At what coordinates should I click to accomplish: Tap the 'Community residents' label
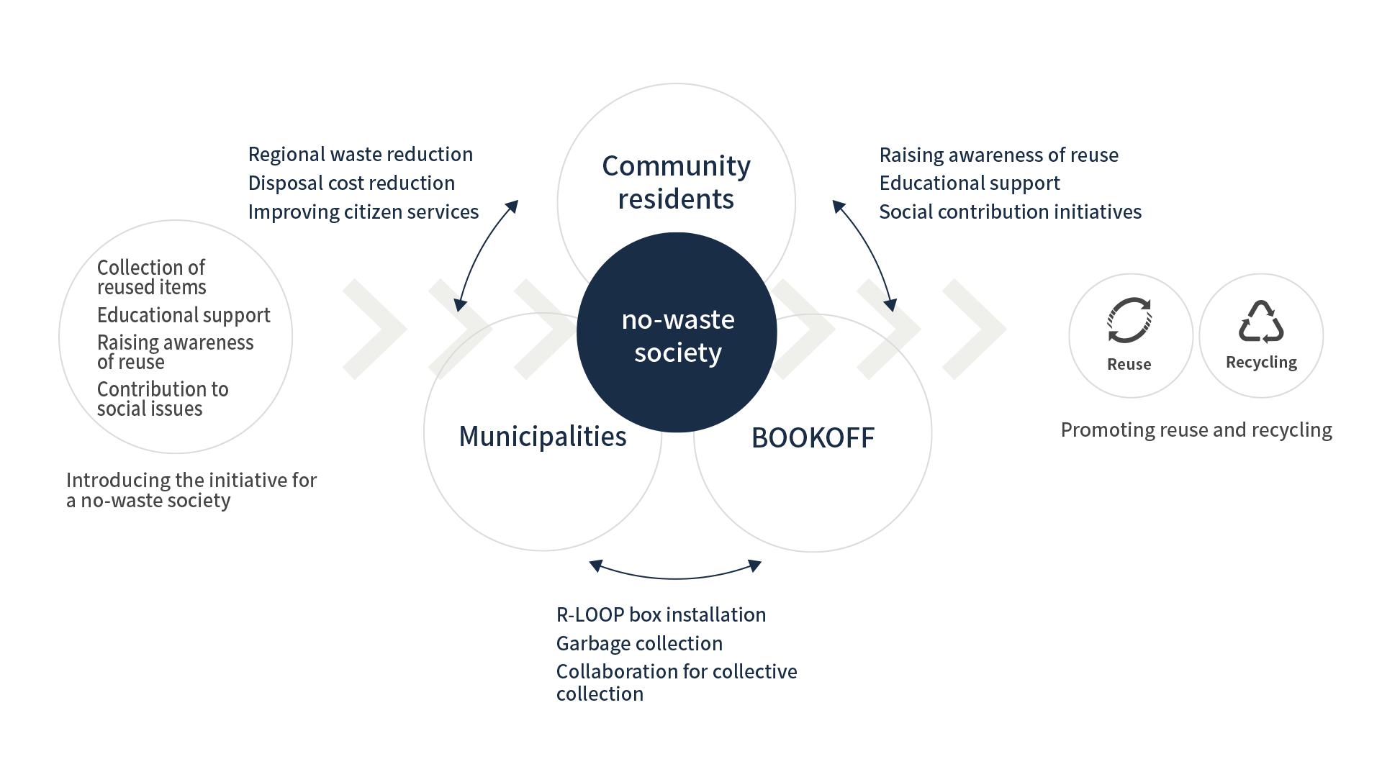tap(676, 183)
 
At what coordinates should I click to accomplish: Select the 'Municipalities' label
tap(543, 437)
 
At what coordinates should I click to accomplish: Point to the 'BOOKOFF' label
tap(813, 438)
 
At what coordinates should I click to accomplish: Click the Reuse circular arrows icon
tap(1129, 321)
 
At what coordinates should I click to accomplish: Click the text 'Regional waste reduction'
tap(360, 155)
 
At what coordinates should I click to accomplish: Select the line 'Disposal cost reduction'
tap(351, 183)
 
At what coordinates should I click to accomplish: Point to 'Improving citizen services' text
tap(363, 212)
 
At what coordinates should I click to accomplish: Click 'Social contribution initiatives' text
tap(1010, 212)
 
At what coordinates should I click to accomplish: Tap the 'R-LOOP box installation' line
tap(661, 615)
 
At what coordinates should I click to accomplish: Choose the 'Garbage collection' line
tap(639, 644)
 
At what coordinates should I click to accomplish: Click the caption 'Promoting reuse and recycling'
tap(1196, 430)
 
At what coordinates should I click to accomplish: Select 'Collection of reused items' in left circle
tap(152, 278)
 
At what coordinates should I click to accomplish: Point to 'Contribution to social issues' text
tap(163, 399)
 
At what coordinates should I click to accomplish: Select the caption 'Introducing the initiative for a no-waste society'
tap(191, 491)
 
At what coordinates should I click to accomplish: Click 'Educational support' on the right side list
tap(970, 183)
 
